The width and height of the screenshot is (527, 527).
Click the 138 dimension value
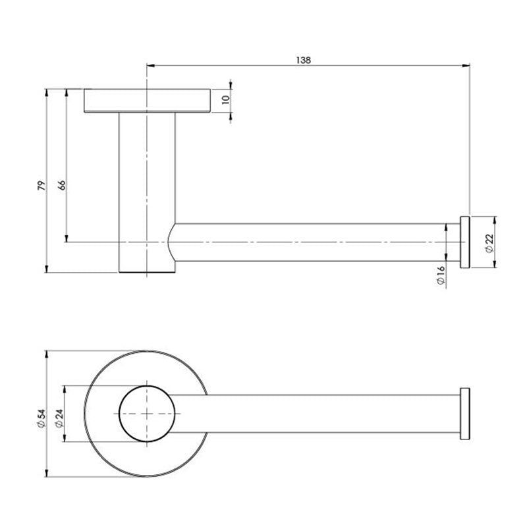tap(304, 59)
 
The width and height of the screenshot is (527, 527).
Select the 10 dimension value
tap(225, 100)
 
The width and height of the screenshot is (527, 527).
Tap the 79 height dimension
tap(40, 185)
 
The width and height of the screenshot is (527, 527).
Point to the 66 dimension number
tap(62, 185)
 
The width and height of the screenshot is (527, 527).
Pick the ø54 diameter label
tap(40, 419)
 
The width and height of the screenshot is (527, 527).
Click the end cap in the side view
tap(464, 242)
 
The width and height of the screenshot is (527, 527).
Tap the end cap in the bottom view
tap(464, 414)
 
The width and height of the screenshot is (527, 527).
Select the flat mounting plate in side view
tap(147, 100)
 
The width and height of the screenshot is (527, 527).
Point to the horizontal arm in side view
tap(316, 242)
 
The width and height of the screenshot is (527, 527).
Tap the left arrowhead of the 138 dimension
tap(149, 65)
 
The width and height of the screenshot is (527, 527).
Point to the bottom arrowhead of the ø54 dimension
tap(47, 474)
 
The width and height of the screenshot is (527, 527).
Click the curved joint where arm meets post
tap(173, 242)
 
